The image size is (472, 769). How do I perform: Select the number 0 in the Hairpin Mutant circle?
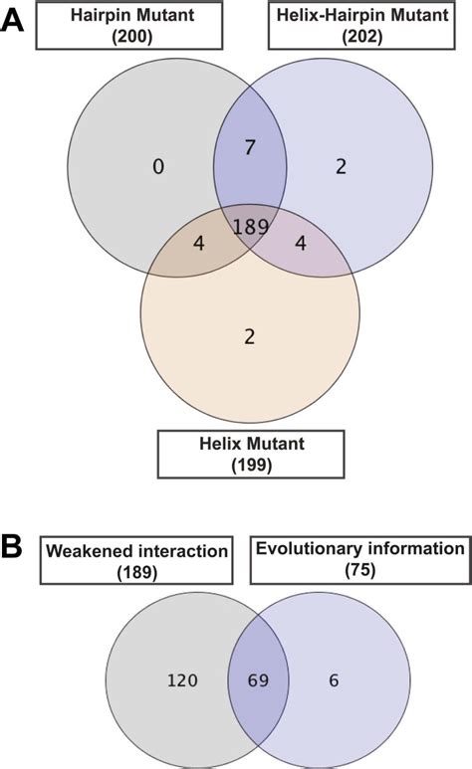pos(157,167)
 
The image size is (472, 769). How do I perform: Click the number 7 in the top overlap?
pos(251,148)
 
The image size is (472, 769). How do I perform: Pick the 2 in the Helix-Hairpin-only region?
pos(341,167)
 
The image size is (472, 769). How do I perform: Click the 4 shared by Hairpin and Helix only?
pos(199,243)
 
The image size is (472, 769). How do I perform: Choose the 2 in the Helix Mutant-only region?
pos(249,335)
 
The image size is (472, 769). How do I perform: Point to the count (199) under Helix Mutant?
pos(250,464)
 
